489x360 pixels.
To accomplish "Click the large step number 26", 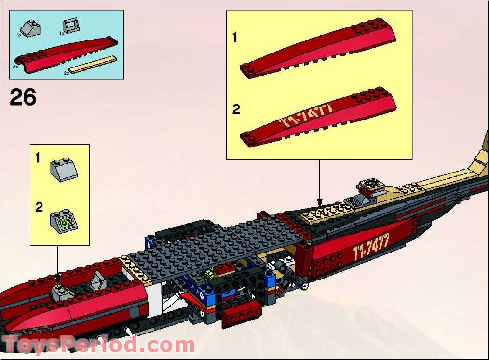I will tap(23, 97).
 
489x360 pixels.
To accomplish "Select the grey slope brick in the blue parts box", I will tap(30, 29).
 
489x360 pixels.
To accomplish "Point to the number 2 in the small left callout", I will tap(39, 208).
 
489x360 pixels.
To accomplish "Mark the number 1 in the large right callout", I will tap(235, 37).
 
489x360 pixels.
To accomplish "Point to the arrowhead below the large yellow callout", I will tap(318, 202).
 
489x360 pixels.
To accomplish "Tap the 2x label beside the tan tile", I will tap(67, 73).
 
